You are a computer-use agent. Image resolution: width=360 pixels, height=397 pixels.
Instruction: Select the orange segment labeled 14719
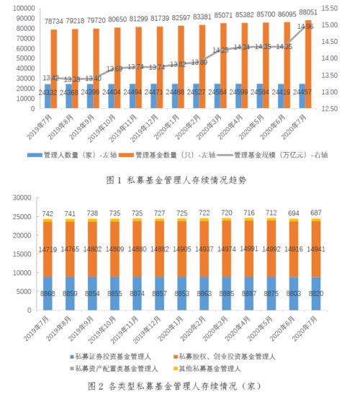48,249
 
